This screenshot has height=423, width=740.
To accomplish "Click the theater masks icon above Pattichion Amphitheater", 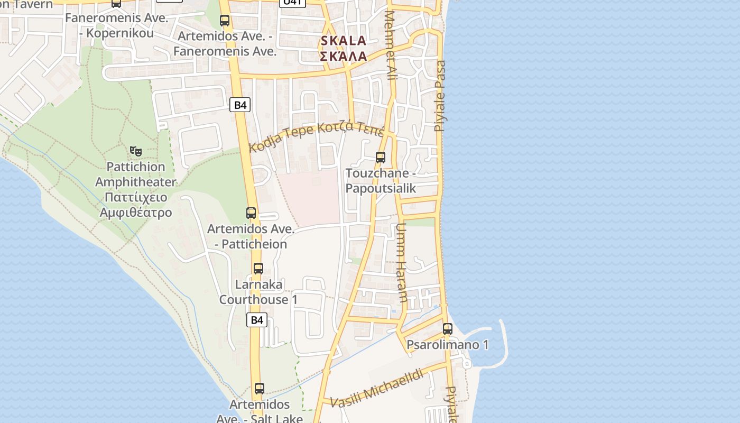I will click(x=136, y=151).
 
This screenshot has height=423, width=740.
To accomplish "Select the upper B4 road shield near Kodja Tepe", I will click(x=240, y=105).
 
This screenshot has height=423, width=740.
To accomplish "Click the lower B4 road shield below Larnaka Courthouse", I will click(x=256, y=319).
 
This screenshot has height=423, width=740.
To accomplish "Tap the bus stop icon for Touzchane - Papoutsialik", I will click(x=380, y=157).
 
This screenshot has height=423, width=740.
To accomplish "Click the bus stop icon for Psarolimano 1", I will click(x=447, y=328).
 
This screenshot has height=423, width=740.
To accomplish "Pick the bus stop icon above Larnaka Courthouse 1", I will click(x=258, y=268).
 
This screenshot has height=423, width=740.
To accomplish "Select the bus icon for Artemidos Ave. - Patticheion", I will click(x=251, y=213).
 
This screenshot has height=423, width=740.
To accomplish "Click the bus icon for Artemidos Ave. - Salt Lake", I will click(x=259, y=389).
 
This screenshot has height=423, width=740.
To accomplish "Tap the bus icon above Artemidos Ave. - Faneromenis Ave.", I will click(x=225, y=21).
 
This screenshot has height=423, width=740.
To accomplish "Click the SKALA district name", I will click(x=343, y=41).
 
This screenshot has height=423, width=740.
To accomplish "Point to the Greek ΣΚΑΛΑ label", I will click(x=343, y=56).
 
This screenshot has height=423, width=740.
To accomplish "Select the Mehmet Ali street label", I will click(x=391, y=45).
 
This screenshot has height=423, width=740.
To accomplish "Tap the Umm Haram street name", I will click(x=401, y=262).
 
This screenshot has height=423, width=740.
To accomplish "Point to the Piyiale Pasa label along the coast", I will click(x=440, y=95).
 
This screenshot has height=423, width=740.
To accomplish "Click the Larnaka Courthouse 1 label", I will click(x=258, y=292).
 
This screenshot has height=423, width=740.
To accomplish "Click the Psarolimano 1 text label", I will click(x=447, y=345).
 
